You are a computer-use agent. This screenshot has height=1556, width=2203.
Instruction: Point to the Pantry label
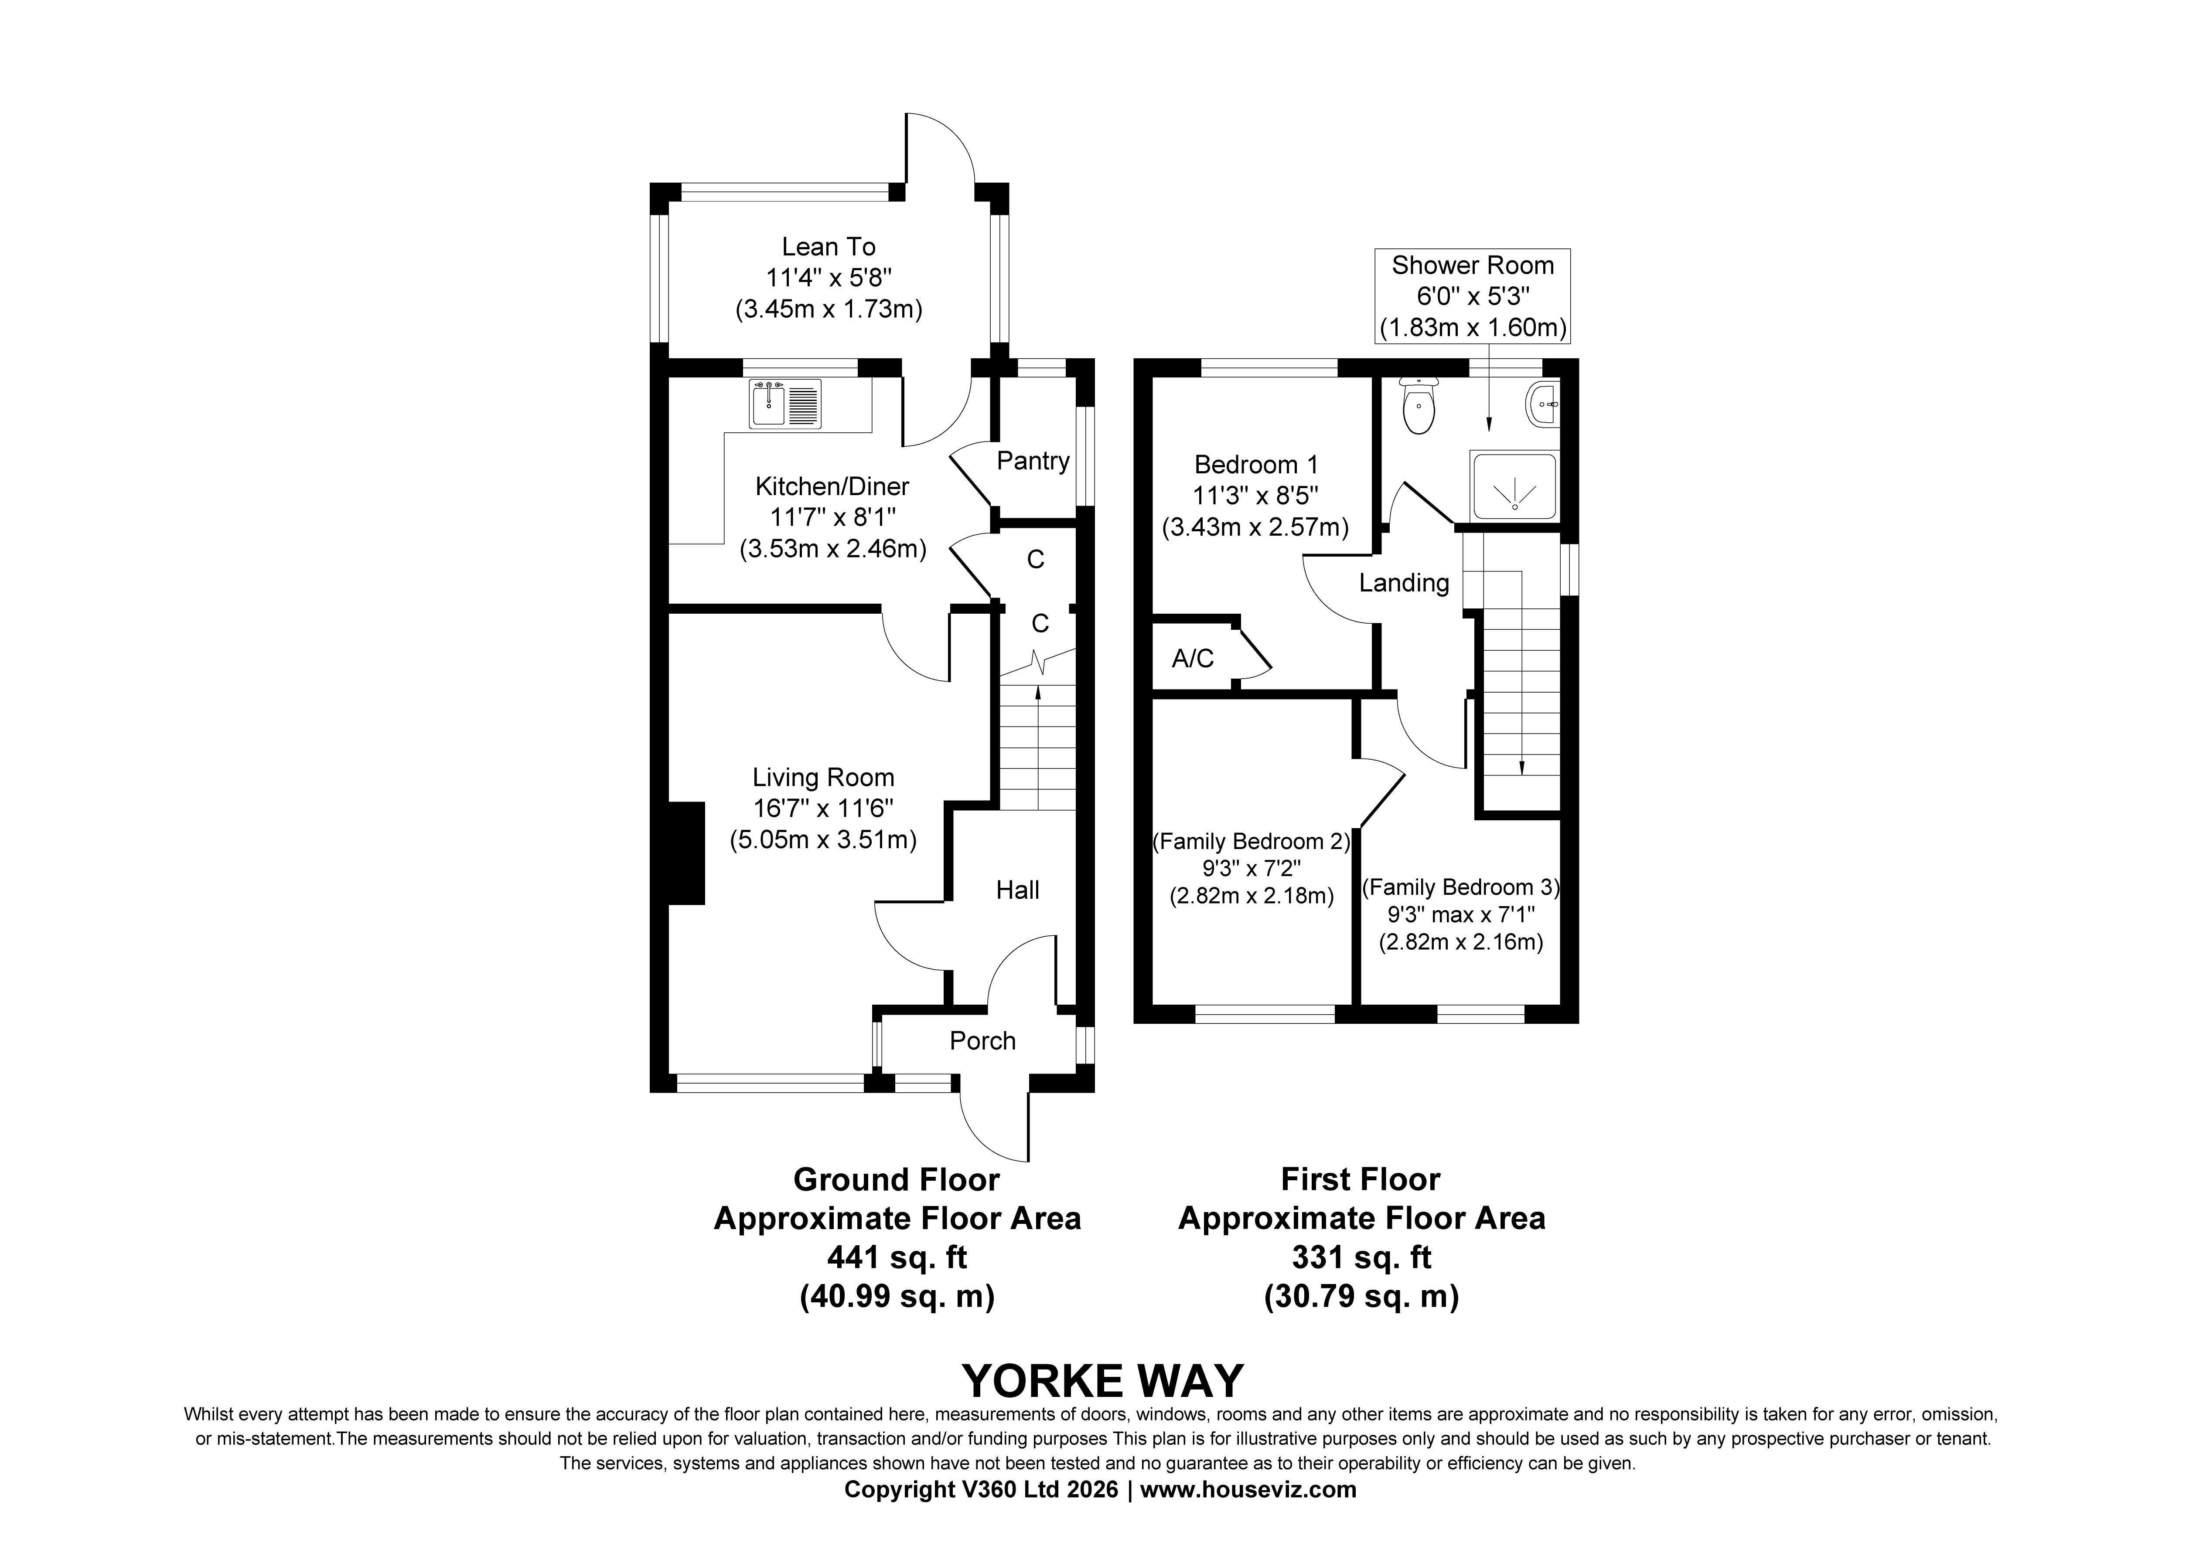point(1033,462)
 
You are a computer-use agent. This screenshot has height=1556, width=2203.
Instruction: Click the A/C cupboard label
point(1193,658)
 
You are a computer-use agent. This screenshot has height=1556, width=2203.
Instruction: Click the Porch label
point(982,1041)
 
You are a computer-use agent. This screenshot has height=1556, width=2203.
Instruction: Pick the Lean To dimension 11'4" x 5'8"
point(829,278)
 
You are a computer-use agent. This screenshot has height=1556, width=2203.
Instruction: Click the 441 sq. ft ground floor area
point(897,1257)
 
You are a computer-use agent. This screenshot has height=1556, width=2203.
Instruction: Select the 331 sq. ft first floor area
point(1361,1257)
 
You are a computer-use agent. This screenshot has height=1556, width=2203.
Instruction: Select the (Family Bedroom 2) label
point(1251,841)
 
